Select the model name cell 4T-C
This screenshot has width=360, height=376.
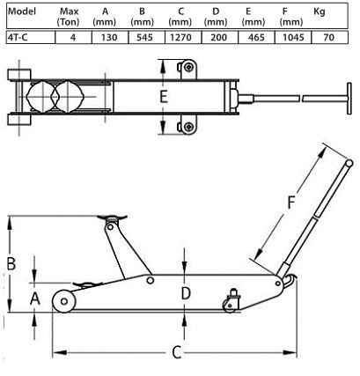[x=31, y=37]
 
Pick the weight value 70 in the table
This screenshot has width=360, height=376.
[x=329, y=37]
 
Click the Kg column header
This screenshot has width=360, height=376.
[x=320, y=11]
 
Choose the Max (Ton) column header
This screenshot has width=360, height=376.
[x=69, y=17]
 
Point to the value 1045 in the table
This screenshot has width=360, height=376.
[x=293, y=37]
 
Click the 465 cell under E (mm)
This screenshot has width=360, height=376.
[x=256, y=37]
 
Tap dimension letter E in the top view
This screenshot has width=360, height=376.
[x=164, y=97]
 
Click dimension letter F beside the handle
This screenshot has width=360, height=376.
[x=290, y=203]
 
